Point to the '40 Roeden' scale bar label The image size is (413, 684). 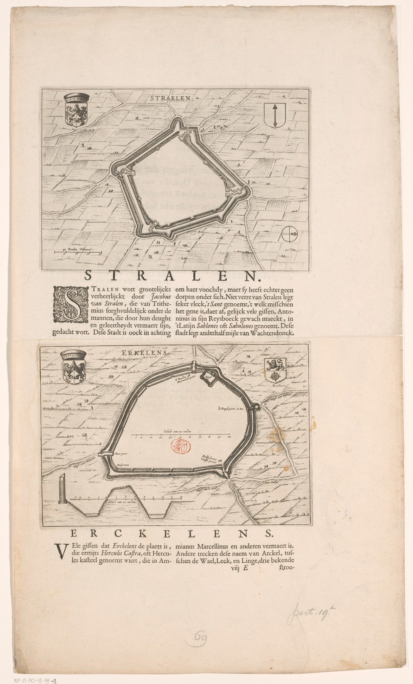tap(77, 250)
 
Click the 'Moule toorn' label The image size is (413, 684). tap(122, 465)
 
